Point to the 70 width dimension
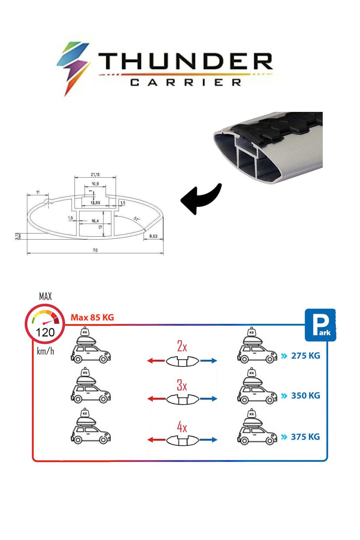click(x=95, y=250)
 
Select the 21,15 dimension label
click(x=95, y=175)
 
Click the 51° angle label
click(x=136, y=219)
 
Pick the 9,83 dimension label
click(x=153, y=236)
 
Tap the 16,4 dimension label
click(x=95, y=221)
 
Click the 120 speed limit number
click(x=45, y=332)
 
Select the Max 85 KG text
click(x=92, y=317)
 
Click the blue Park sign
click(x=320, y=325)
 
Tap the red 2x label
click(x=182, y=347)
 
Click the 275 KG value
click(x=305, y=356)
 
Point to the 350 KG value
click(x=305, y=395)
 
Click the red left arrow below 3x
click(x=156, y=399)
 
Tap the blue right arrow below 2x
click(x=208, y=360)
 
